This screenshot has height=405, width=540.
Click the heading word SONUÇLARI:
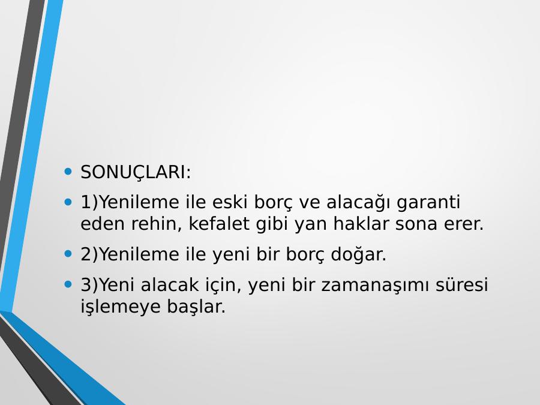pos(136,173)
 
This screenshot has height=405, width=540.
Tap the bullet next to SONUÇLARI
pos(68,171)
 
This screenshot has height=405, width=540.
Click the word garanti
pos(428,203)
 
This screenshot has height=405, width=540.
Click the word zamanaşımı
pos(375,286)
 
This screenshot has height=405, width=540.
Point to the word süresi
pos(462,285)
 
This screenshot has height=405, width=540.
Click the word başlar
pos(196,307)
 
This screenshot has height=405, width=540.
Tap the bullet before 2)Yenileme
pos(68,254)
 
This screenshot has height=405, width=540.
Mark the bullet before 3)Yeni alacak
pos(68,284)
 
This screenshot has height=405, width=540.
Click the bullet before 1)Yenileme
pos(68,202)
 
